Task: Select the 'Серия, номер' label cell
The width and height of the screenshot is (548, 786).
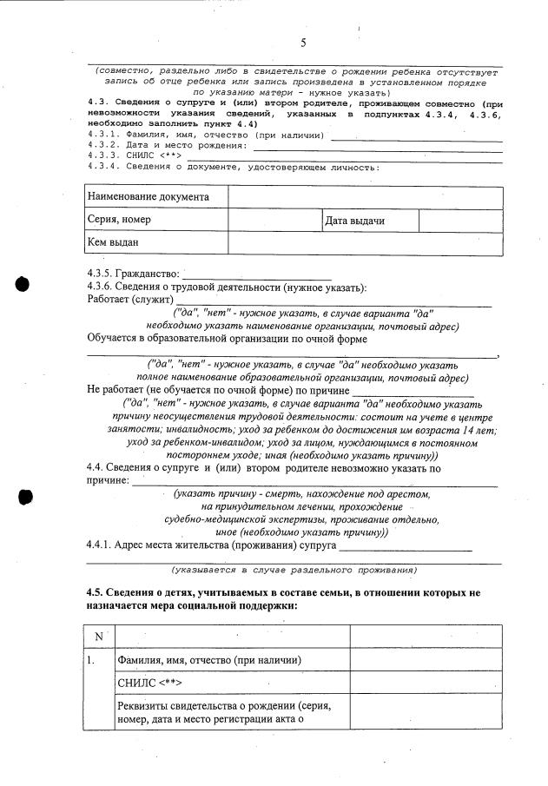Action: coord(120,221)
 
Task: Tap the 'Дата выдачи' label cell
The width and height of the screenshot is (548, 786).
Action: coord(354,221)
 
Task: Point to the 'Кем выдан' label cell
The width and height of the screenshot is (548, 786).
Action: coord(114,243)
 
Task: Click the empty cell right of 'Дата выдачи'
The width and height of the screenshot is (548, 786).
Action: coord(460,221)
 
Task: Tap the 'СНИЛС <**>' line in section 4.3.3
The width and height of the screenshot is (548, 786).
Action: coord(134,155)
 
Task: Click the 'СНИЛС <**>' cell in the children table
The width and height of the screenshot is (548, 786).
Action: coord(153,684)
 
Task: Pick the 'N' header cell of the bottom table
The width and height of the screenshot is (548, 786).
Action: coord(99,636)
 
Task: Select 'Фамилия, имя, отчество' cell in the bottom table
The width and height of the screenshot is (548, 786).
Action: coord(208,660)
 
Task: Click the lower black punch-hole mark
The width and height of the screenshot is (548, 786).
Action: coord(25,496)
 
